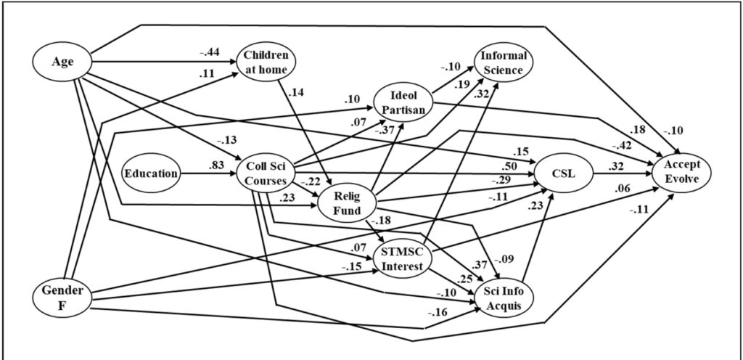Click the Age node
click(x=62, y=62)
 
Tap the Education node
click(x=151, y=173)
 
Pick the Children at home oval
click(x=266, y=62)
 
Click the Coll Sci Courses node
click(x=266, y=173)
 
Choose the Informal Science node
click(x=504, y=62)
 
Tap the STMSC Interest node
click(x=404, y=259)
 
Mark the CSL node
click(x=564, y=173)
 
